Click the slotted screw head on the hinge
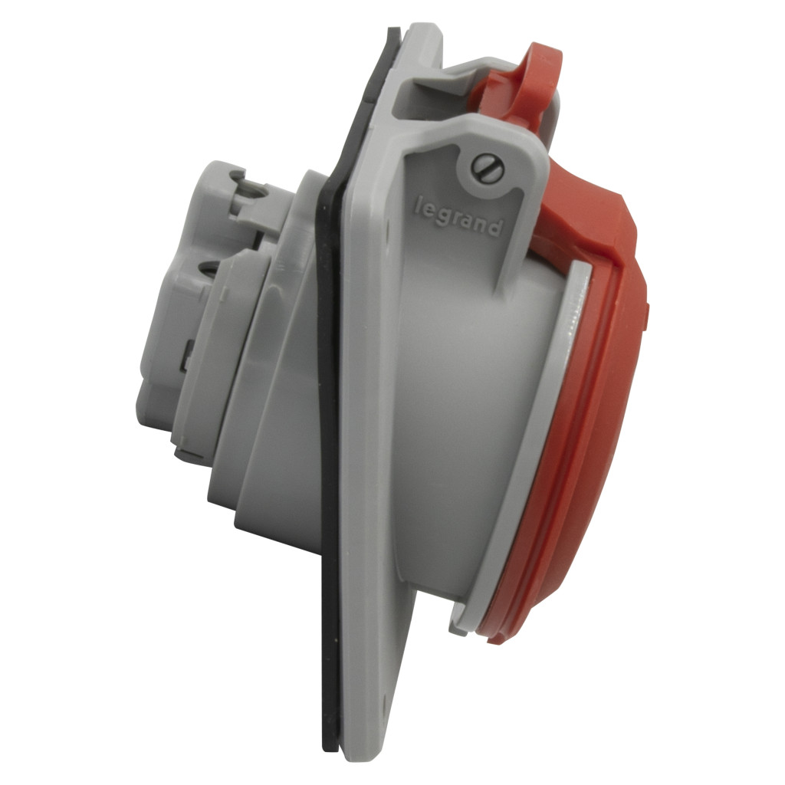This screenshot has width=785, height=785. pyautogui.click(x=487, y=168)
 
